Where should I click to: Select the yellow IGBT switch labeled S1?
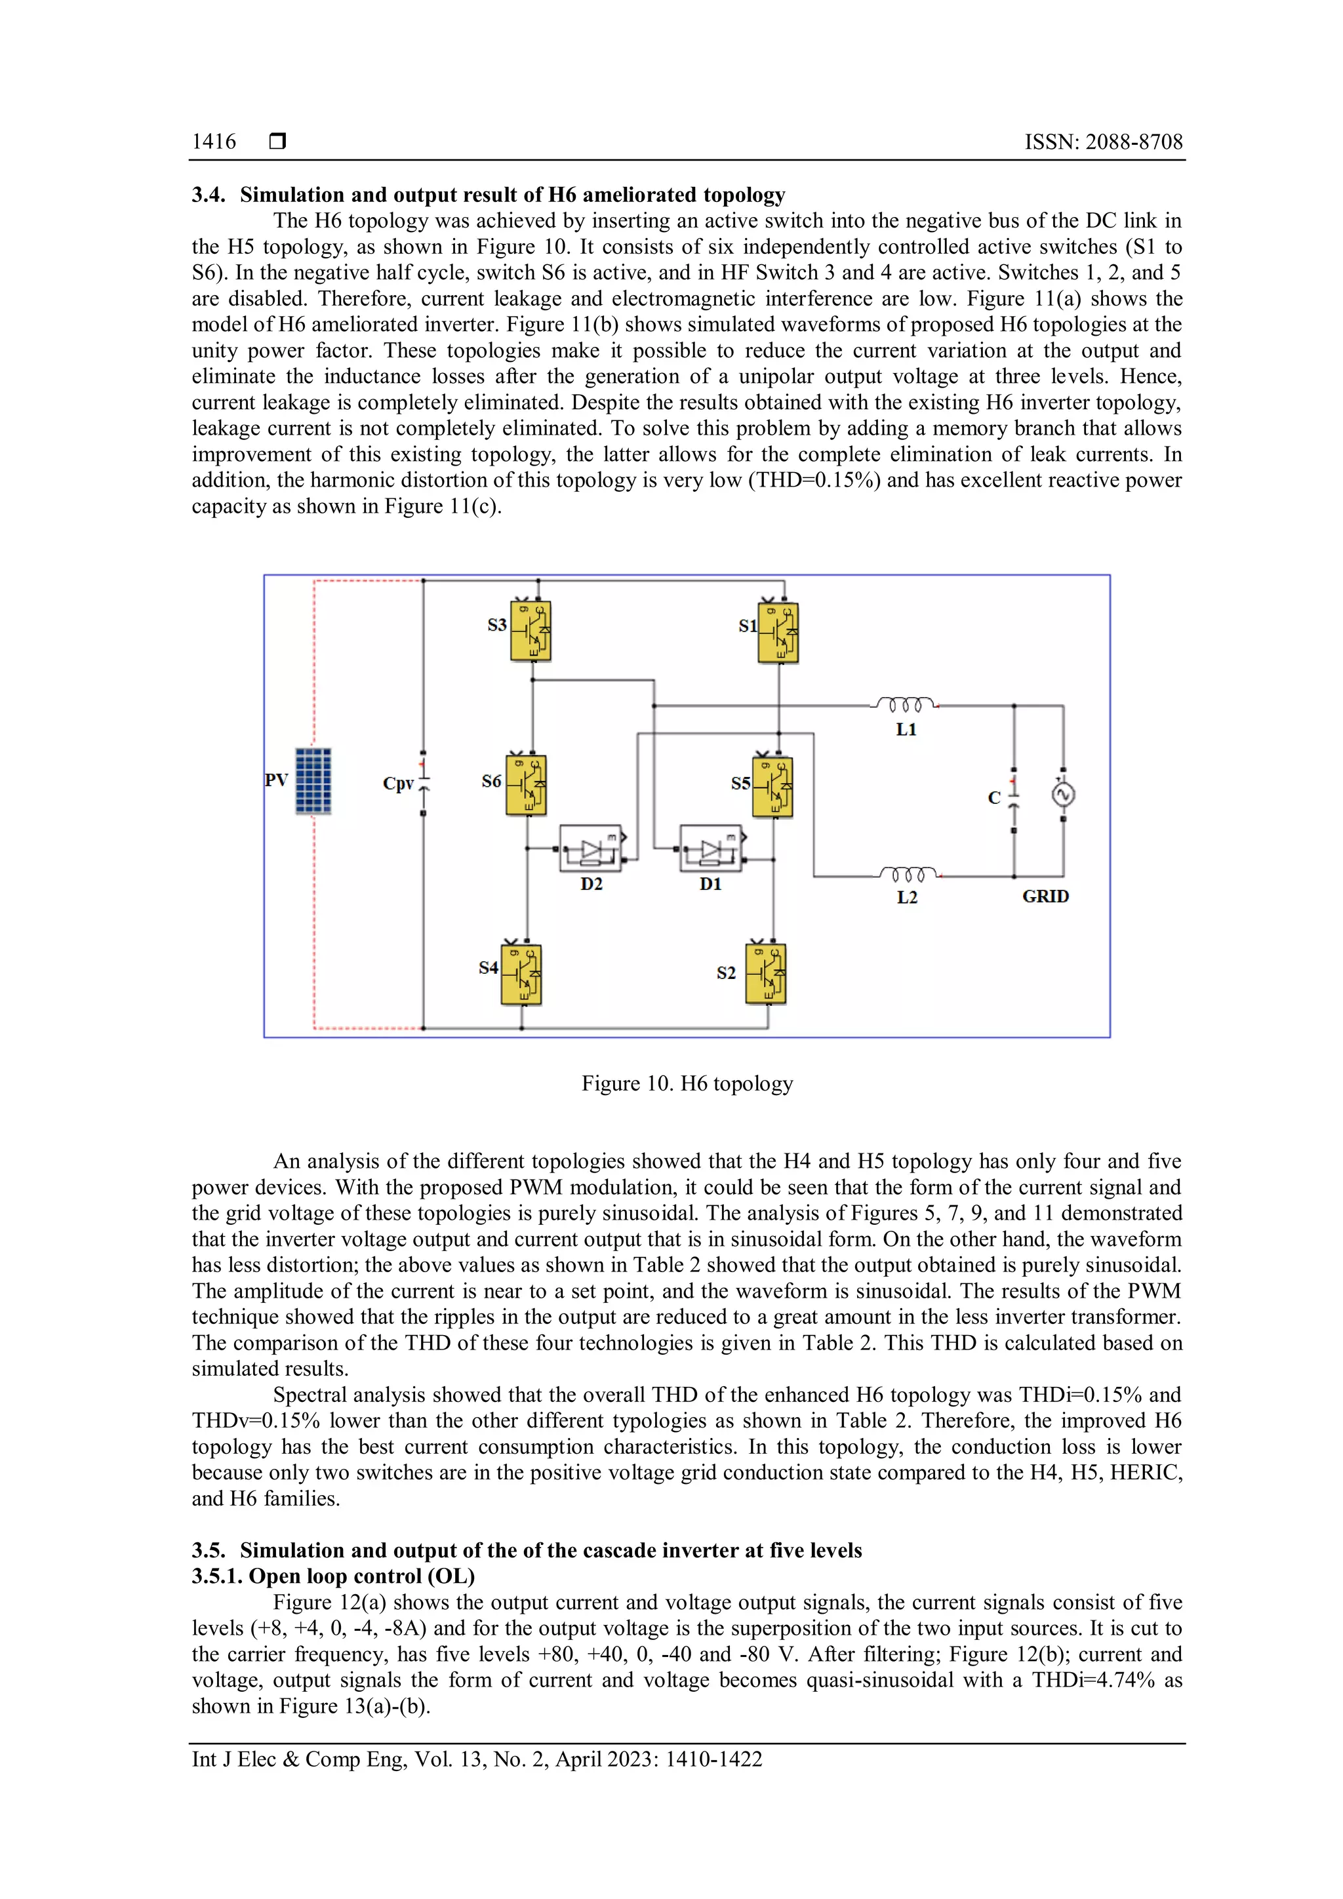[x=778, y=633]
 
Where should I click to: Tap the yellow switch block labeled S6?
[x=526, y=785]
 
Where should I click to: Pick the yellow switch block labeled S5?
[x=772, y=788]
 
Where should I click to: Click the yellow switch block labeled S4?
[x=521, y=974]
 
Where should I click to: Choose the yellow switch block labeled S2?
[x=766, y=974]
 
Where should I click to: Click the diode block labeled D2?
[x=590, y=849]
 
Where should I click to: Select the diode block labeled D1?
[x=710, y=849]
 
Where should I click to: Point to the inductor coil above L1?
[x=905, y=705]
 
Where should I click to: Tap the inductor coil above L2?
[x=907, y=874]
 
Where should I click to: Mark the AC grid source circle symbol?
[x=1062, y=795]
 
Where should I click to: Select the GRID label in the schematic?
[x=1045, y=896]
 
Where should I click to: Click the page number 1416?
[x=213, y=142]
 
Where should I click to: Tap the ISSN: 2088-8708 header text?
[x=1103, y=142]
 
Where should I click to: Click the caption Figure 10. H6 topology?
[x=687, y=1083]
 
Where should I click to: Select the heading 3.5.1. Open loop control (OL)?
[x=333, y=1576]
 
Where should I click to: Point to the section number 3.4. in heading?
[x=209, y=195]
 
